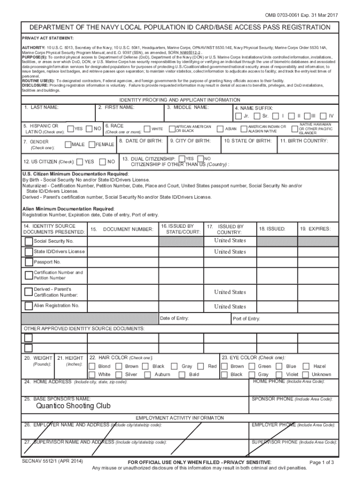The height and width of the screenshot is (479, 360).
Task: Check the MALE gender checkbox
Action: point(68,145)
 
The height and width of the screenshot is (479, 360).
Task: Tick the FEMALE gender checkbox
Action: point(92,145)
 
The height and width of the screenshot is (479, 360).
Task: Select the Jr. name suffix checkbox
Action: point(239,116)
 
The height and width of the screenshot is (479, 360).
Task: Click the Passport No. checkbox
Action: point(29,262)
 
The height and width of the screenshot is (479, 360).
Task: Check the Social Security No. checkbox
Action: point(29,241)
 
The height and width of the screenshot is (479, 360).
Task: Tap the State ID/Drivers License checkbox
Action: point(29,252)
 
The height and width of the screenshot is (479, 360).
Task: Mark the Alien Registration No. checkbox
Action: point(29,306)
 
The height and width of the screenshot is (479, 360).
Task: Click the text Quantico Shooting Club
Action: point(73,406)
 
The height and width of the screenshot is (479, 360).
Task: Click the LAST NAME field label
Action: point(42,108)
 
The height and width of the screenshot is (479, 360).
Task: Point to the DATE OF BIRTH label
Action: point(141,141)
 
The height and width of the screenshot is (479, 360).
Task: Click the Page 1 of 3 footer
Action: point(322,463)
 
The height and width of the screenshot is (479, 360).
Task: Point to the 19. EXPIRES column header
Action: point(316,229)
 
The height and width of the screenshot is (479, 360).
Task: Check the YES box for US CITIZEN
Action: point(80,162)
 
